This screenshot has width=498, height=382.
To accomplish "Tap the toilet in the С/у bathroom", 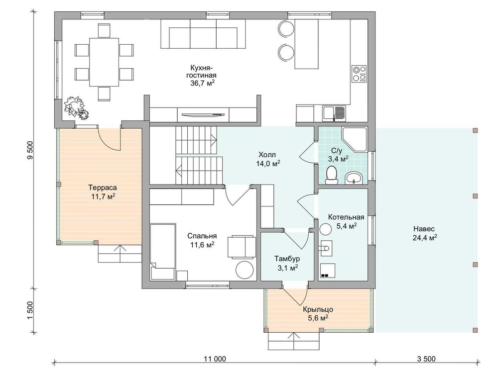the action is pyautogui.click(x=332, y=175).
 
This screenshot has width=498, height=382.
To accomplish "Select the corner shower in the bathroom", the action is pyautogui.click(x=355, y=140).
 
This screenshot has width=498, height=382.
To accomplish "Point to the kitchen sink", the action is pyautogui.click(x=334, y=113).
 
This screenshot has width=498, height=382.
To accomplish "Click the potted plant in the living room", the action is pyautogui.click(x=76, y=107).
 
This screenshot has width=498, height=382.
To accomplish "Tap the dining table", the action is pyautogui.click(x=104, y=62).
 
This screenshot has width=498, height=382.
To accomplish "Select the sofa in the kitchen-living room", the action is pyautogui.click(x=203, y=34).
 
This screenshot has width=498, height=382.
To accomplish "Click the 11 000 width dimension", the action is pyautogui.click(x=215, y=359).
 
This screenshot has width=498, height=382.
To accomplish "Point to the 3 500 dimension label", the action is pyautogui.click(x=426, y=359).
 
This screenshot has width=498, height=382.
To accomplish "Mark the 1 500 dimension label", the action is pyautogui.click(x=30, y=310).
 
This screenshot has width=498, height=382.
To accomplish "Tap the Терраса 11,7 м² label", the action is pyautogui.click(x=103, y=192).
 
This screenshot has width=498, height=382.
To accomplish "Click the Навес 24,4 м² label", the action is pyautogui.click(x=424, y=233).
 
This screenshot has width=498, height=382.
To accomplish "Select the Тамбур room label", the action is pyautogui.click(x=287, y=259).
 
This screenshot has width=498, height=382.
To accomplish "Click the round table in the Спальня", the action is pyautogui.click(x=245, y=270).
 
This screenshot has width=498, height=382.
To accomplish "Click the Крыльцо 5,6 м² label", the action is pyautogui.click(x=318, y=313).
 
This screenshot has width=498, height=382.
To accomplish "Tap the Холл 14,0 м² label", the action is pyautogui.click(x=268, y=159).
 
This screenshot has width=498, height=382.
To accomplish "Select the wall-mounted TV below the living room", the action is pyautogui.click(x=203, y=114).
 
